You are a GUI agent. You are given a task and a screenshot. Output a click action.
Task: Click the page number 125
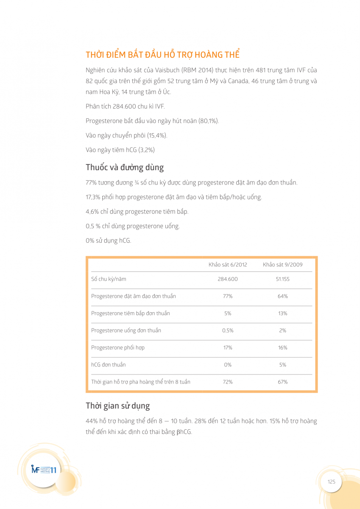pos(331,481)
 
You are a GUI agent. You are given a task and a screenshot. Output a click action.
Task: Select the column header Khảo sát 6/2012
pos(228,265)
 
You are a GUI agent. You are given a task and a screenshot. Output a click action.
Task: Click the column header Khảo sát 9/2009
pos(282,265)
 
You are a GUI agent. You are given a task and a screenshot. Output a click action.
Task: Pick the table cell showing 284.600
pos(228,279)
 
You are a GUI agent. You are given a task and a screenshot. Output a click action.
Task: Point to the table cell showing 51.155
pos(282,279)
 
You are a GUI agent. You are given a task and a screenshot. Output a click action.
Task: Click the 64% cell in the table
pos(282,296)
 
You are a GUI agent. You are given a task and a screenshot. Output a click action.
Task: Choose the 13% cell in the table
pos(282,313)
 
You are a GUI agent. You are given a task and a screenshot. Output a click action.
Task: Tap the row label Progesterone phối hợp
pos(118,347)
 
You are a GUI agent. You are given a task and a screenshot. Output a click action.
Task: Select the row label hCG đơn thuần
pos(109,365)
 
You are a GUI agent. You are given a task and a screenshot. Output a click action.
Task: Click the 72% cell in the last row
pos(228,382)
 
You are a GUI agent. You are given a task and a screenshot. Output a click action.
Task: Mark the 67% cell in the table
pos(282,382)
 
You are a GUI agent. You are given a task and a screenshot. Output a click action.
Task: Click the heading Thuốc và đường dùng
pos(125,167)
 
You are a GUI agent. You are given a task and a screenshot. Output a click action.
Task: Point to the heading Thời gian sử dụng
pos(117,406)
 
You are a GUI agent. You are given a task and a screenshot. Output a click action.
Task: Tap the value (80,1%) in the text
pos(208,121)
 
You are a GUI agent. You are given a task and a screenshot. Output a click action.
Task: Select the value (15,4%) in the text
pos(157,135)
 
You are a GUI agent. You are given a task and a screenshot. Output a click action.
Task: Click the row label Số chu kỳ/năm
pos(109,279)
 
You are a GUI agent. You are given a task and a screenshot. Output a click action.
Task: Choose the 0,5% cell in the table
pos(228,330)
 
